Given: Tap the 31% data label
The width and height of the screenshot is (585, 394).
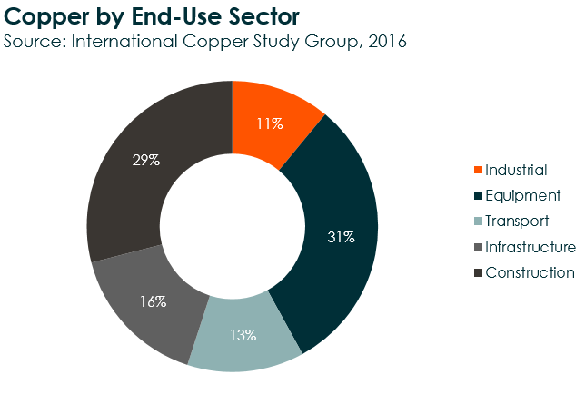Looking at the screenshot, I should tap(340, 237).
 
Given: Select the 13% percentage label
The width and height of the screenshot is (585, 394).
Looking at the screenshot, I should tap(244, 335).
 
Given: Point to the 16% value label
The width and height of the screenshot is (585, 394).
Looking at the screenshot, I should tap(154, 300).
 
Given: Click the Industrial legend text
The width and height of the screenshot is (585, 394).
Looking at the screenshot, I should tap(516, 170).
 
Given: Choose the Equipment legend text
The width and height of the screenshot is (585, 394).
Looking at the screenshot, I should tap(522, 195).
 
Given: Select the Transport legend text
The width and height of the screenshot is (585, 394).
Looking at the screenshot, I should tap(517, 221).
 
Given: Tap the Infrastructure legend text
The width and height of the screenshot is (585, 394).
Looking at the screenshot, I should tap(530, 247).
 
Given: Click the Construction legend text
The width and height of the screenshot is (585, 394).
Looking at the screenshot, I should tap(530, 272).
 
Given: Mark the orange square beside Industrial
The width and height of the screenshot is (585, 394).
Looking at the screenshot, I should tap(479, 171).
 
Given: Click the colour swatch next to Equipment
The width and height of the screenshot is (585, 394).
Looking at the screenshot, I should tap(479, 196).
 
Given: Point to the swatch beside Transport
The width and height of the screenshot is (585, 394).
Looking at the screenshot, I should tap(479, 222).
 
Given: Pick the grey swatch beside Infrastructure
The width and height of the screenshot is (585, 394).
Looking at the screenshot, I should tap(479, 247).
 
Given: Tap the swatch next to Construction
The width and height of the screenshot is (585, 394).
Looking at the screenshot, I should tap(479, 273).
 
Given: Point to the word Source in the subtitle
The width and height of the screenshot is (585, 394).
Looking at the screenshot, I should tap(34, 42).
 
